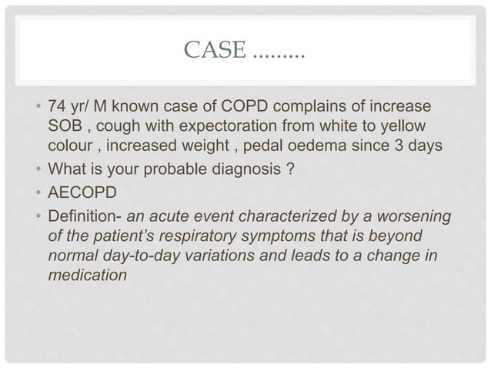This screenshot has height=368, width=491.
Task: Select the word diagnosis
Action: click(x=251, y=171)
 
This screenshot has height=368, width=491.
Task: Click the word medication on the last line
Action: click(x=87, y=274)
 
